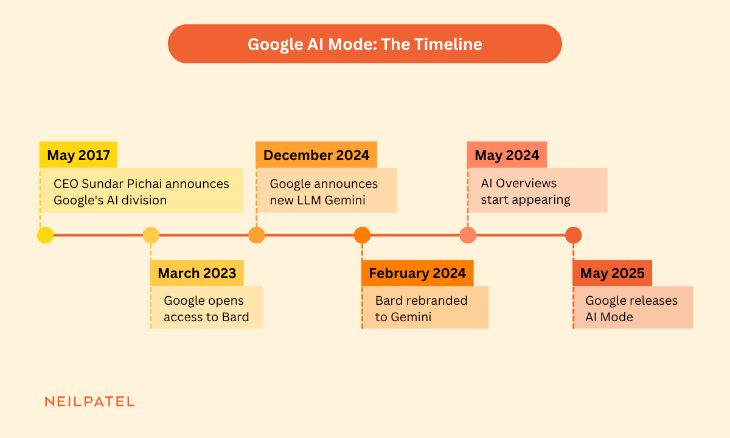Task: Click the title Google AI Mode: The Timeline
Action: point(364,44)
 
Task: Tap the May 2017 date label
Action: point(78,155)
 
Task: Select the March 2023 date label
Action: point(197,273)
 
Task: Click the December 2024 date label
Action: point(316,155)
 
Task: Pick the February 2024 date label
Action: point(417,273)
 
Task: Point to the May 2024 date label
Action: point(507,155)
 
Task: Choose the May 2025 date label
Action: point(613,273)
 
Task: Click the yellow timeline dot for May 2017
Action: point(45,235)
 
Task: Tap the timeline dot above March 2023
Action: point(151,235)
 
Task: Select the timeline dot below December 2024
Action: point(257,235)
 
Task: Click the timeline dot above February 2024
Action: point(362,235)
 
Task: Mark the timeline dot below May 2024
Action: point(468,235)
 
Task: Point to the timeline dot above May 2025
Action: point(573,235)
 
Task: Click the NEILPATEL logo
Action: point(89,401)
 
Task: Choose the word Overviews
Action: point(526,183)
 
